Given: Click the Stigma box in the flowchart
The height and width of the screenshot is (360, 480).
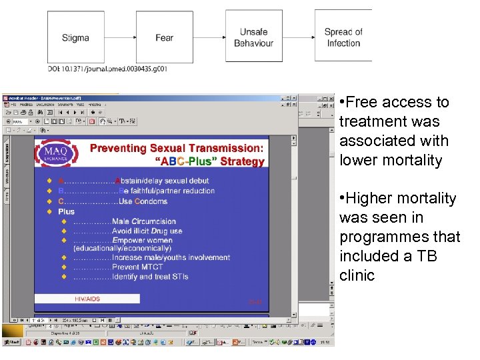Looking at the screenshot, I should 75,38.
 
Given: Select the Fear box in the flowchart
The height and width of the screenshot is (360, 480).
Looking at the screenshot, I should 164,38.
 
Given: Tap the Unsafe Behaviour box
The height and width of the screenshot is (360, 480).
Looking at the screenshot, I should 253,37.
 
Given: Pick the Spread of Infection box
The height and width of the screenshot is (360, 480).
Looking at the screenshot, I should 343,37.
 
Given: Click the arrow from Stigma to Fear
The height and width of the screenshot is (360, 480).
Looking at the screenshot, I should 120,38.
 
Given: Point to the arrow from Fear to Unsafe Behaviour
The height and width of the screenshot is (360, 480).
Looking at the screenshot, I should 209,38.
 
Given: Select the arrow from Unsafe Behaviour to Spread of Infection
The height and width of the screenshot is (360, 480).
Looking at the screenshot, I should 298,37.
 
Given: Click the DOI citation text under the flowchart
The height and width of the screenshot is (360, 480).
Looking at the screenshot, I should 107,68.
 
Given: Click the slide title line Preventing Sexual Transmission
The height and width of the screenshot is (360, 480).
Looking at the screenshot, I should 177,148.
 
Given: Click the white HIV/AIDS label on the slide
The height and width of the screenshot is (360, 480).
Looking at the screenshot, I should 87,299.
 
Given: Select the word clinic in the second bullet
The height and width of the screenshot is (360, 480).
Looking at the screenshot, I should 357,275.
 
